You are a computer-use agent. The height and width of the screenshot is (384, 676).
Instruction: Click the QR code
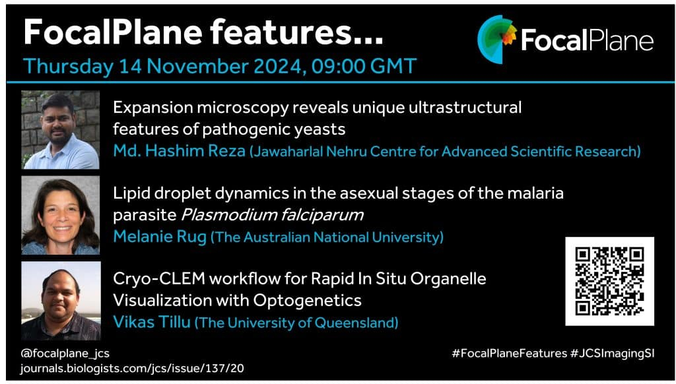pos(609,281)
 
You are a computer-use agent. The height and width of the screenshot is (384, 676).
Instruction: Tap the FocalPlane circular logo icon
pos(497,39)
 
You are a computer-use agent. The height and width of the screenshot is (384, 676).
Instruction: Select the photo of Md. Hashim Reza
pos(60,129)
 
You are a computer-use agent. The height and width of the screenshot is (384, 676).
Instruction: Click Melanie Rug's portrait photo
pos(60,215)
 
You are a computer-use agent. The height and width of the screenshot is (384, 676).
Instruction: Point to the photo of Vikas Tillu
pos(61,301)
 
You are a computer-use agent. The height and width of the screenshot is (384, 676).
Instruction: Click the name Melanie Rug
pos(160,237)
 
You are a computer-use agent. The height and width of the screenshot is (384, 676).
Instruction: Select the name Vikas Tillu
pos(152,322)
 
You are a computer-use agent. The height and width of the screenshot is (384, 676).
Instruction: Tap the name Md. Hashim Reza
pos(179,151)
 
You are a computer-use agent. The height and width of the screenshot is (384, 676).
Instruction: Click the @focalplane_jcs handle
pos(65,354)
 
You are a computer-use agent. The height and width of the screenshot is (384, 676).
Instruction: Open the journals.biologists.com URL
pos(132,368)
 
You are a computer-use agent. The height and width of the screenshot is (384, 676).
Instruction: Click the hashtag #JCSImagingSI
pos(612,354)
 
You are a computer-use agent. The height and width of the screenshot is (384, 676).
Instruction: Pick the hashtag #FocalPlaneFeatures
pos(509,354)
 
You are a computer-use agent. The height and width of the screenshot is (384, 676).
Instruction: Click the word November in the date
pos(197,67)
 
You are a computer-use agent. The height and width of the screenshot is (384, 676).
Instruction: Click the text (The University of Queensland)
pos(296,323)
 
